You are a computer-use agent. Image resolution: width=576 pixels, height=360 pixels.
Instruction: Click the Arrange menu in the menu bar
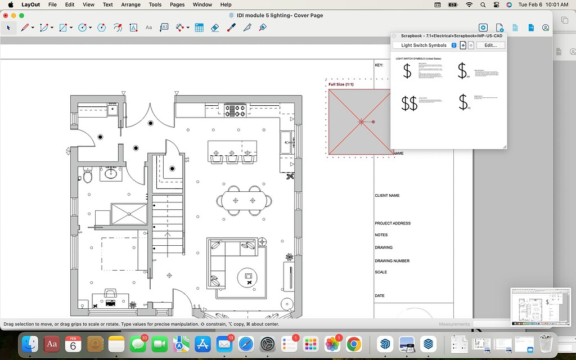point(131,4)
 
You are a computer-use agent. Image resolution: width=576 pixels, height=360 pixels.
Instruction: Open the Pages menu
point(177,4)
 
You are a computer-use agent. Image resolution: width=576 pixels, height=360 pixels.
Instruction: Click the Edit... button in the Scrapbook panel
point(490,45)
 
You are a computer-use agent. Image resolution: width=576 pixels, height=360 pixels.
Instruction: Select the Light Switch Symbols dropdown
point(426,45)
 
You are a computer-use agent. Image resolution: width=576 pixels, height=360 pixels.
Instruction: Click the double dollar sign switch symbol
point(409,103)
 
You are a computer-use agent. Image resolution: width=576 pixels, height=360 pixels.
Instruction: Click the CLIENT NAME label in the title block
point(387,196)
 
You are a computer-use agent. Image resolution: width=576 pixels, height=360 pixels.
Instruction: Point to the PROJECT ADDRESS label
point(393,223)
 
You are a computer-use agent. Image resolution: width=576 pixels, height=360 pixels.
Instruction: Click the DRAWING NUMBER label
point(392,261)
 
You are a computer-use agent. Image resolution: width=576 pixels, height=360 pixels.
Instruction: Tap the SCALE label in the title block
point(381,272)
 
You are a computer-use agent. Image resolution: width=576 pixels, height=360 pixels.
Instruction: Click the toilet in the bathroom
point(87,177)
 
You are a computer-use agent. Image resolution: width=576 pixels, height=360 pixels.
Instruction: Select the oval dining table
point(244,200)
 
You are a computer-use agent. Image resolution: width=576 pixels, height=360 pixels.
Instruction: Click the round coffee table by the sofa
point(247,276)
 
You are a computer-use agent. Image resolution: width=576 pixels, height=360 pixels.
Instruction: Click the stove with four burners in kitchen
point(235,110)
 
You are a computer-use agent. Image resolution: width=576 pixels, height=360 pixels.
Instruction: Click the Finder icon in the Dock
point(29,344)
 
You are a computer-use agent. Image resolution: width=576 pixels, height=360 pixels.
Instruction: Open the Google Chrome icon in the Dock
point(353,344)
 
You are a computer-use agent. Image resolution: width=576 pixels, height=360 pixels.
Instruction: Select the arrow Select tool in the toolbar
point(8,27)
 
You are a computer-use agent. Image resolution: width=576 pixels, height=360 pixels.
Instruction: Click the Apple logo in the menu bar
point(10,4)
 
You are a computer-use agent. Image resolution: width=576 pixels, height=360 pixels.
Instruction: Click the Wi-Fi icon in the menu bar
point(469,4)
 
